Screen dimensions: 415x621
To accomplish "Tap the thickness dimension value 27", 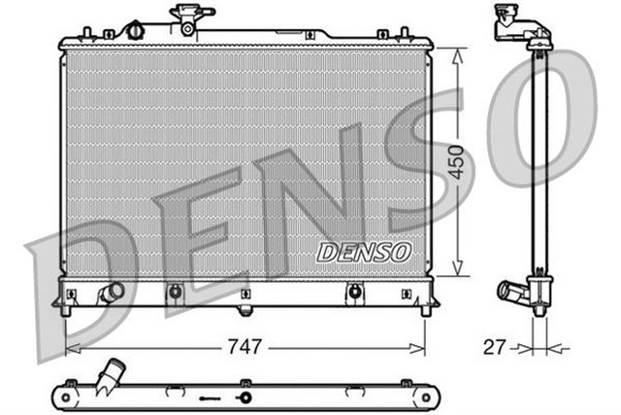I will point(494,345).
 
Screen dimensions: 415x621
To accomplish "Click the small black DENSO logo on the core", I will point(364,252).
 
